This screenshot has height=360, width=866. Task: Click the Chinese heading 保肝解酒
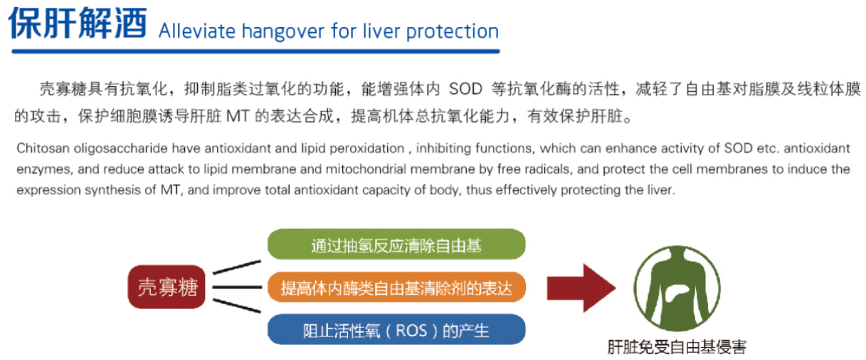click(78, 23)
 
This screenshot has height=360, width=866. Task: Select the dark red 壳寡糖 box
click(167, 287)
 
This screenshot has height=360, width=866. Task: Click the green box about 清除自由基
click(396, 244)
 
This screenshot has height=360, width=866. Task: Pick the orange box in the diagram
click(396, 287)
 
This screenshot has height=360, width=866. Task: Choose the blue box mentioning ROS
click(396, 330)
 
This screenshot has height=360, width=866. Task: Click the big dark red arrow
click(581, 288)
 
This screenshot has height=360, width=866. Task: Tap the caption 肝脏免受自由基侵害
click(677, 347)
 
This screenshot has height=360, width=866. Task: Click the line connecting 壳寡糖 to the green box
click(237, 268)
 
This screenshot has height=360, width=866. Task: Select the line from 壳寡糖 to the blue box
click(237, 305)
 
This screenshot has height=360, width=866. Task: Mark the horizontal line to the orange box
click(237, 287)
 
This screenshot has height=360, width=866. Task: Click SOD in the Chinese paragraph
click(465, 90)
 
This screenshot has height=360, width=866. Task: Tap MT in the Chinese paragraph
click(238, 116)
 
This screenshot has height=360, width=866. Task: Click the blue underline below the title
click(255, 51)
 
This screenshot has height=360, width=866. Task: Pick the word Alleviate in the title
click(197, 31)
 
